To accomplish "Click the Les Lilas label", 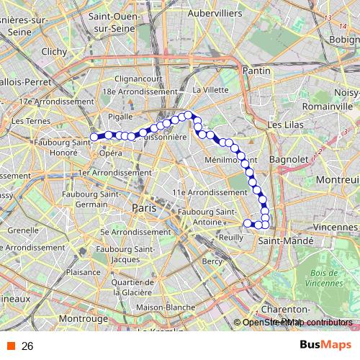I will tap(284, 125).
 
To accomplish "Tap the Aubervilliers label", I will tap(212, 13).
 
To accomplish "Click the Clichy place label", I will tap(54, 52).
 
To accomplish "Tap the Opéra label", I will tap(110, 153).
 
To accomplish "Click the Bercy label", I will tap(212, 261).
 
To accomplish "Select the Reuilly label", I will tap(231, 237).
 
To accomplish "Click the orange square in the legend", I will tap(10, 346).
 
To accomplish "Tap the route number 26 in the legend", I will tap(27, 346).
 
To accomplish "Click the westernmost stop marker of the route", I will tap(93, 137).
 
